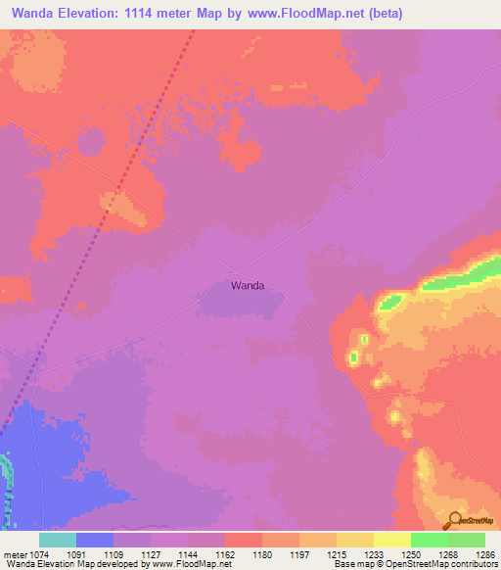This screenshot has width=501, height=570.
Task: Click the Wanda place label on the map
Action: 248,286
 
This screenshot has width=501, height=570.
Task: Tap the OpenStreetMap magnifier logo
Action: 454,520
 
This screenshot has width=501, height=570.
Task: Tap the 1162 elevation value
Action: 224,553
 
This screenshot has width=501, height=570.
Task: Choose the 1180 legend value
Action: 261,553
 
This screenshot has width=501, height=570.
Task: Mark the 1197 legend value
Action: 298,553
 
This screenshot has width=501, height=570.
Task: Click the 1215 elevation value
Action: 336,553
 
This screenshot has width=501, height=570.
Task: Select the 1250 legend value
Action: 410,553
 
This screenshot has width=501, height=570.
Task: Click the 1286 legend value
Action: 483,553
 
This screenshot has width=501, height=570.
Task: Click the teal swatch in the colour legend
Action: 57,540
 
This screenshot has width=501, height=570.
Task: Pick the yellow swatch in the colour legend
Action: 391,540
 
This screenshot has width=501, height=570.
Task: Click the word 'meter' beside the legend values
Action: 13,553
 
